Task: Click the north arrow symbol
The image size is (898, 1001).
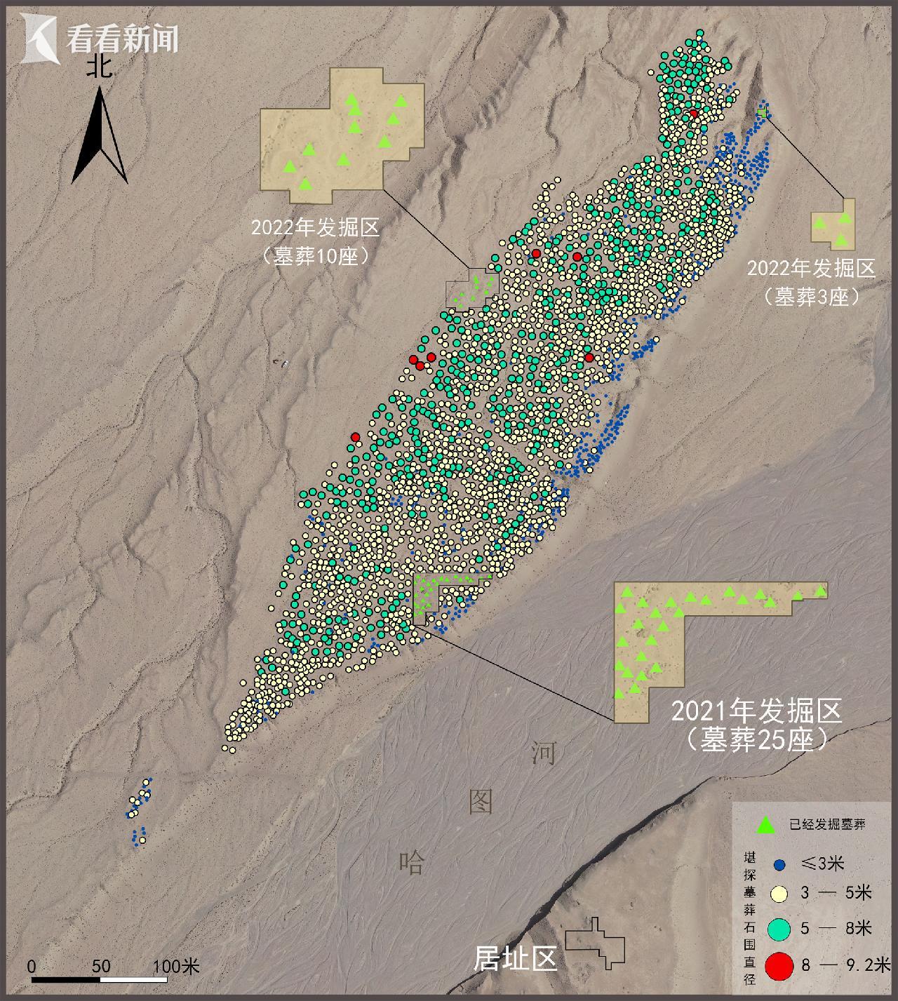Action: click(101, 137)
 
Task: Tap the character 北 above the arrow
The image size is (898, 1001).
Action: click(100, 67)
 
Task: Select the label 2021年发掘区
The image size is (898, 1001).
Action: click(756, 711)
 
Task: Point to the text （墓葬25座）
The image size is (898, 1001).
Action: click(756, 739)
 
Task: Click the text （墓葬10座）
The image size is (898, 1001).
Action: click(314, 255)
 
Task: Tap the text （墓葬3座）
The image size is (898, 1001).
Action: click(813, 297)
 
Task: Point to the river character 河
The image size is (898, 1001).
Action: click(543, 753)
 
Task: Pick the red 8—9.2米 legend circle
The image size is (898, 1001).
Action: click(779, 966)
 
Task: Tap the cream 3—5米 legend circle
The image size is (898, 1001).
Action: click(779, 894)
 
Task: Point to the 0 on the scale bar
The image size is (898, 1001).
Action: click(32, 966)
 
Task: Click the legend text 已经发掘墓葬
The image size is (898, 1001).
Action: click(827, 825)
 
